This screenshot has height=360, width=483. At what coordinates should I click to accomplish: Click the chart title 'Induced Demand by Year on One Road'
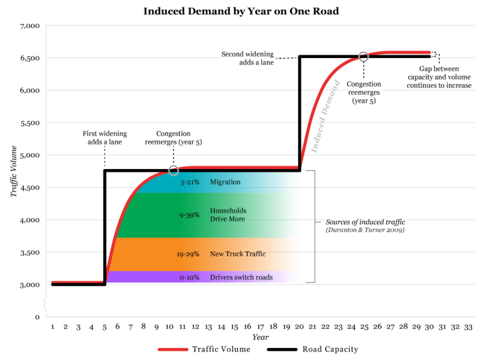(x=241, y=11)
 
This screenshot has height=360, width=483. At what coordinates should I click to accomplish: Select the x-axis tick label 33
(x=468, y=326)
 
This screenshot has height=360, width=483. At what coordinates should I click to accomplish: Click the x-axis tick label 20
(x=299, y=326)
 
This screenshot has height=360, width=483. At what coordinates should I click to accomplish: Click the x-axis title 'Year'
(x=260, y=337)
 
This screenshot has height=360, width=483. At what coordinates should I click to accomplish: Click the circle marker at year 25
(x=363, y=56)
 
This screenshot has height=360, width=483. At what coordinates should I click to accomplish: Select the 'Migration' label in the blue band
(x=225, y=182)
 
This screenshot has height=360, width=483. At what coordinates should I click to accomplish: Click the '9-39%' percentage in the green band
(x=190, y=215)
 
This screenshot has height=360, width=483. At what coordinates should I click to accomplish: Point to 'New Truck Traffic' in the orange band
(x=237, y=254)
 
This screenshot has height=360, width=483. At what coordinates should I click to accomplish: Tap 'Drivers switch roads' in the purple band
(x=241, y=277)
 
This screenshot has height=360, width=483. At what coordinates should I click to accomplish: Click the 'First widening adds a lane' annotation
(x=104, y=137)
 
